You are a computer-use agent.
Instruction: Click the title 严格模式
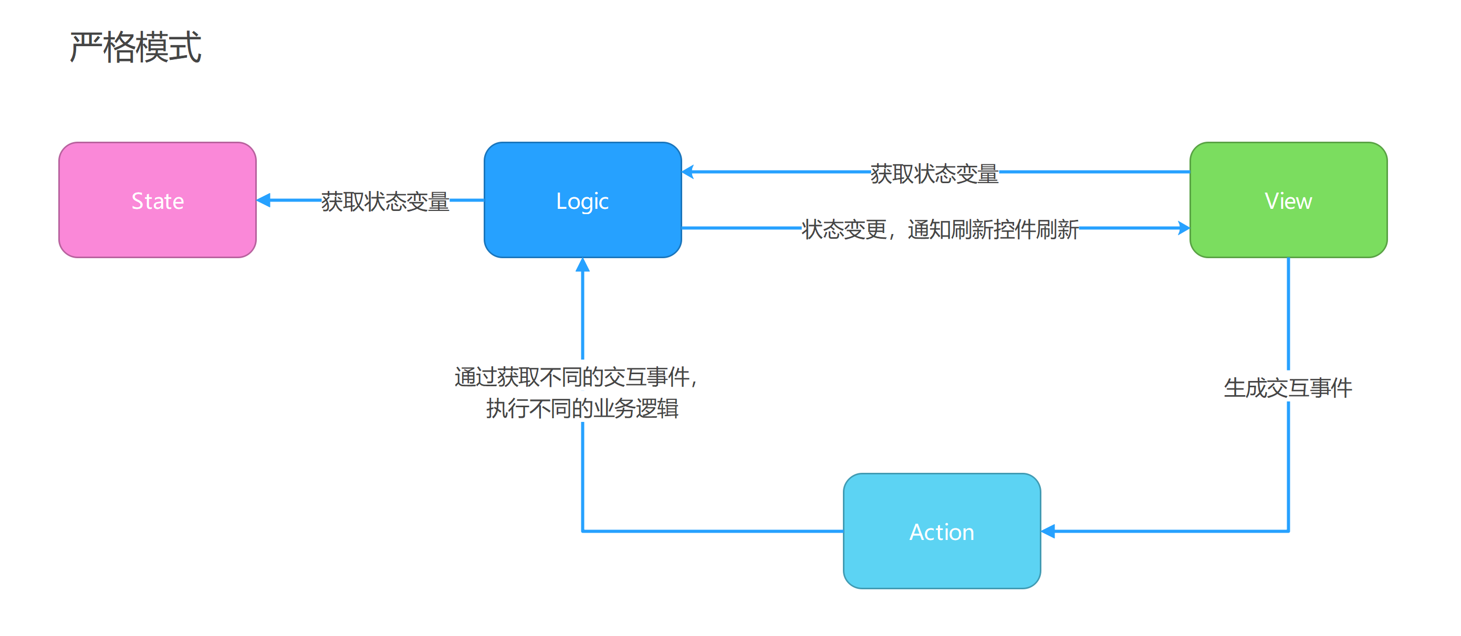click(x=135, y=47)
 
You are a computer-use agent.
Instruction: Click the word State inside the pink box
click(x=158, y=201)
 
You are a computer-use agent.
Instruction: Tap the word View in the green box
click(x=1288, y=201)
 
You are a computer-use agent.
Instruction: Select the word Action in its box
click(x=942, y=532)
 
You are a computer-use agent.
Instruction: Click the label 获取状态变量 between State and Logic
click(x=385, y=201)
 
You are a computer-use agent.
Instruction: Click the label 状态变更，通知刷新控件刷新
click(x=940, y=229)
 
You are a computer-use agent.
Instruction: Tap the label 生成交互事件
click(x=1288, y=388)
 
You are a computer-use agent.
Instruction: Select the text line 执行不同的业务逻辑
click(x=582, y=408)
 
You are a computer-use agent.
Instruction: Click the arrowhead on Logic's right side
click(x=688, y=172)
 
